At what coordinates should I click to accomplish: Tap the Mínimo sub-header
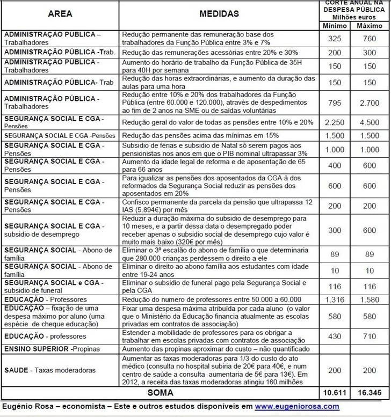tap(334, 26)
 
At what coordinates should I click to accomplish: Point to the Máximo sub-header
tap(368, 26)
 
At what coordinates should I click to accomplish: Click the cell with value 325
tap(334, 38)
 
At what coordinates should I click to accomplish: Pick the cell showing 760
tap(368, 38)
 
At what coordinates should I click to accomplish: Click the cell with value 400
tap(334, 165)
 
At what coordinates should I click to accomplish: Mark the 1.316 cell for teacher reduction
tap(334, 299)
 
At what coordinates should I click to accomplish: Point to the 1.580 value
tap(368, 299)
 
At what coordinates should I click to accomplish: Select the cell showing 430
tap(334, 336)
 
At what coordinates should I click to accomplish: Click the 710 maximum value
tap(368, 336)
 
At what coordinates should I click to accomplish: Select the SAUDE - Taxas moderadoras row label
tap(50, 370)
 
